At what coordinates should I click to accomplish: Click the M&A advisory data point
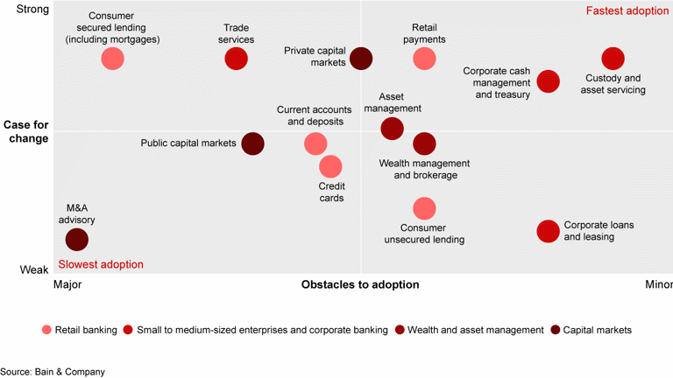[77, 239]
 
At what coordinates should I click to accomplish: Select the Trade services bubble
[236, 59]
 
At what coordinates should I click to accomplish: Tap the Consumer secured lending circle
[112, 59]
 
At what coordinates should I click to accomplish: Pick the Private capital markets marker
[361, 59]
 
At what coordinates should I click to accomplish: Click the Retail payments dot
[424, 59]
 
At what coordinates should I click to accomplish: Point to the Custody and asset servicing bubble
[613, 59]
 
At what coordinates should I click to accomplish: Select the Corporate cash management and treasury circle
[549, 81]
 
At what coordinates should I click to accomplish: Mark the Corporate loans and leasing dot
[549, 231]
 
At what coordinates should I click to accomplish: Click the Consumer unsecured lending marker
[424, 208]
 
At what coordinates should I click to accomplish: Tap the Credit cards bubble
[330, 166]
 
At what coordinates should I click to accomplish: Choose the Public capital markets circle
[252, 143]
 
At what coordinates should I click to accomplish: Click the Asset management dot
[393, 129]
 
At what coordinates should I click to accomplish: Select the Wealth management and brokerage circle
[424, 143]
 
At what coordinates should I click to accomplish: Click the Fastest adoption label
[627, 11]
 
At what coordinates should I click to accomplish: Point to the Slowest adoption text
[100, 264]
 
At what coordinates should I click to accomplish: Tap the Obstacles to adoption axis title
[360, 285]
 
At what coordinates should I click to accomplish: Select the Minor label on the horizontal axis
[658, 285]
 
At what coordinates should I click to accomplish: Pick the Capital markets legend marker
[556, 330]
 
